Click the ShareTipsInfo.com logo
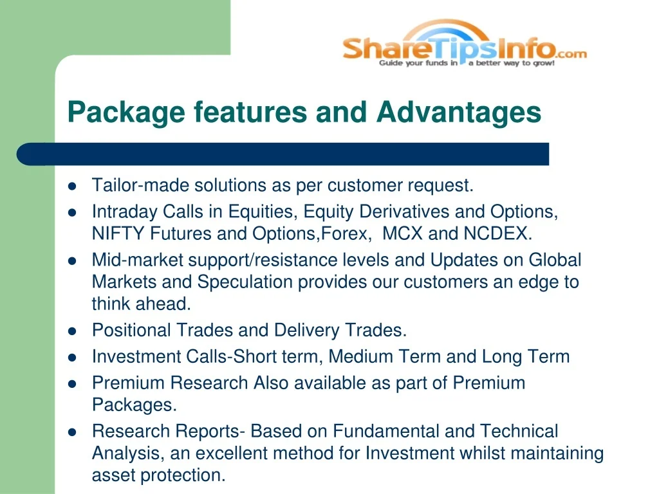click(x=465, y=43)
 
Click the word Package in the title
click(x=126, y=113)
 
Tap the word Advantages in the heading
click(x=458, y=113)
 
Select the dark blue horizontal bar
click(x=283, y=154)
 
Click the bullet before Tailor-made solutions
click(x=72, y=186)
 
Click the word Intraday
click(x=125, y=212)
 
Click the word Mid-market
click(x=138, y=260)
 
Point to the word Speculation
click(x=245, y=282)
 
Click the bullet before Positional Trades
click(x=72, y=331)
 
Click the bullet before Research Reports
click(x=72, y=432)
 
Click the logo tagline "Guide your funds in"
click(x=418, y=63)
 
